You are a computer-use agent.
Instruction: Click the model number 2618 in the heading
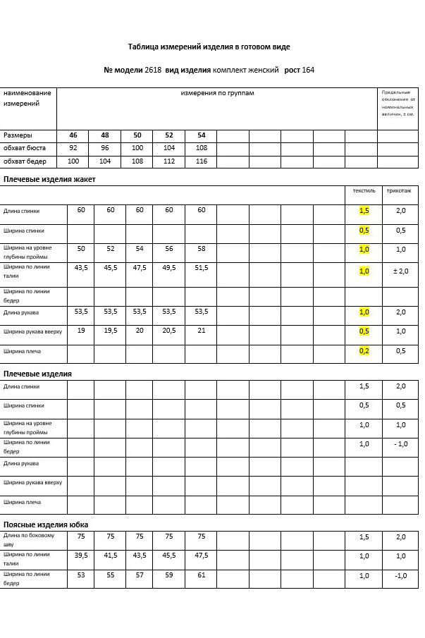(x=153, y=70)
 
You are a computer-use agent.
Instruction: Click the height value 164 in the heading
(x=308, y=70)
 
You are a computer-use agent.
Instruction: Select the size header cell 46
(x=73, y=135)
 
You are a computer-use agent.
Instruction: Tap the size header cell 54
(x=201, y=135)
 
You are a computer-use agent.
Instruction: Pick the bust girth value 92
(x=73, y=149)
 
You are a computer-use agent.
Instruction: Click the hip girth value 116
(x=201, y=162)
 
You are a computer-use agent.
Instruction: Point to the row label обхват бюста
(x=25, y=149)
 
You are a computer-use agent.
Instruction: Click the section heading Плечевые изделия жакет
(x=49, y=180)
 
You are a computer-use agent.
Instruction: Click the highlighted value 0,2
(x=364, y=351)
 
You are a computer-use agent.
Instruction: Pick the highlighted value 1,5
(x=364, y=211)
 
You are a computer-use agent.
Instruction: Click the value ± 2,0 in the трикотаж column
(x=400, y=271)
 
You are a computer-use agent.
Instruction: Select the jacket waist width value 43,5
(x=81, y=268)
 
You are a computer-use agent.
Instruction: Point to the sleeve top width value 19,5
(x=111, y=331)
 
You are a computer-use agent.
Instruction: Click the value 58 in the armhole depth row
(x=201, y=249)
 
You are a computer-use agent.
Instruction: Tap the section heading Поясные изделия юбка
(x=46, y=525)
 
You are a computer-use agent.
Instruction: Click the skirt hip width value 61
(x=201, y=575)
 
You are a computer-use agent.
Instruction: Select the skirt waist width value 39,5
(x=81, y=556)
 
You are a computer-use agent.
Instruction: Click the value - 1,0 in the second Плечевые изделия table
(x=400, y=444)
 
